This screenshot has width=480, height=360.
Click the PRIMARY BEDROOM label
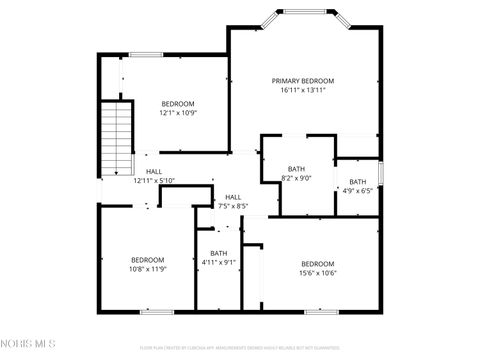pos(303,80)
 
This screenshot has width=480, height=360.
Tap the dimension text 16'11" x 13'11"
pos(303,90)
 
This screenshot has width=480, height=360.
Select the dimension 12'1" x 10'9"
pos(178,113)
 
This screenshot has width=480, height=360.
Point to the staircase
pos(117,137)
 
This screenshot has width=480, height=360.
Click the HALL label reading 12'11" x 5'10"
pos(154,180)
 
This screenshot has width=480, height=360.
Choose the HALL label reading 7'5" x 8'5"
pos(233,197)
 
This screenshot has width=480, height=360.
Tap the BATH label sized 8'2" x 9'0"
pos(296,169)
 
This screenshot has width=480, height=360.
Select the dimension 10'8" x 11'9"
pos(147,268)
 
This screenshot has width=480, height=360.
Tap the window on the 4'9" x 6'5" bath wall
pos(381,171)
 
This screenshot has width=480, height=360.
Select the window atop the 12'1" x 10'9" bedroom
pos(146,54)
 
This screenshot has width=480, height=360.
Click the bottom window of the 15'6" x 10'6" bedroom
pos(317,310)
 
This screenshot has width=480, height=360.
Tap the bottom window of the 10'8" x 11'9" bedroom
pos(159,310)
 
